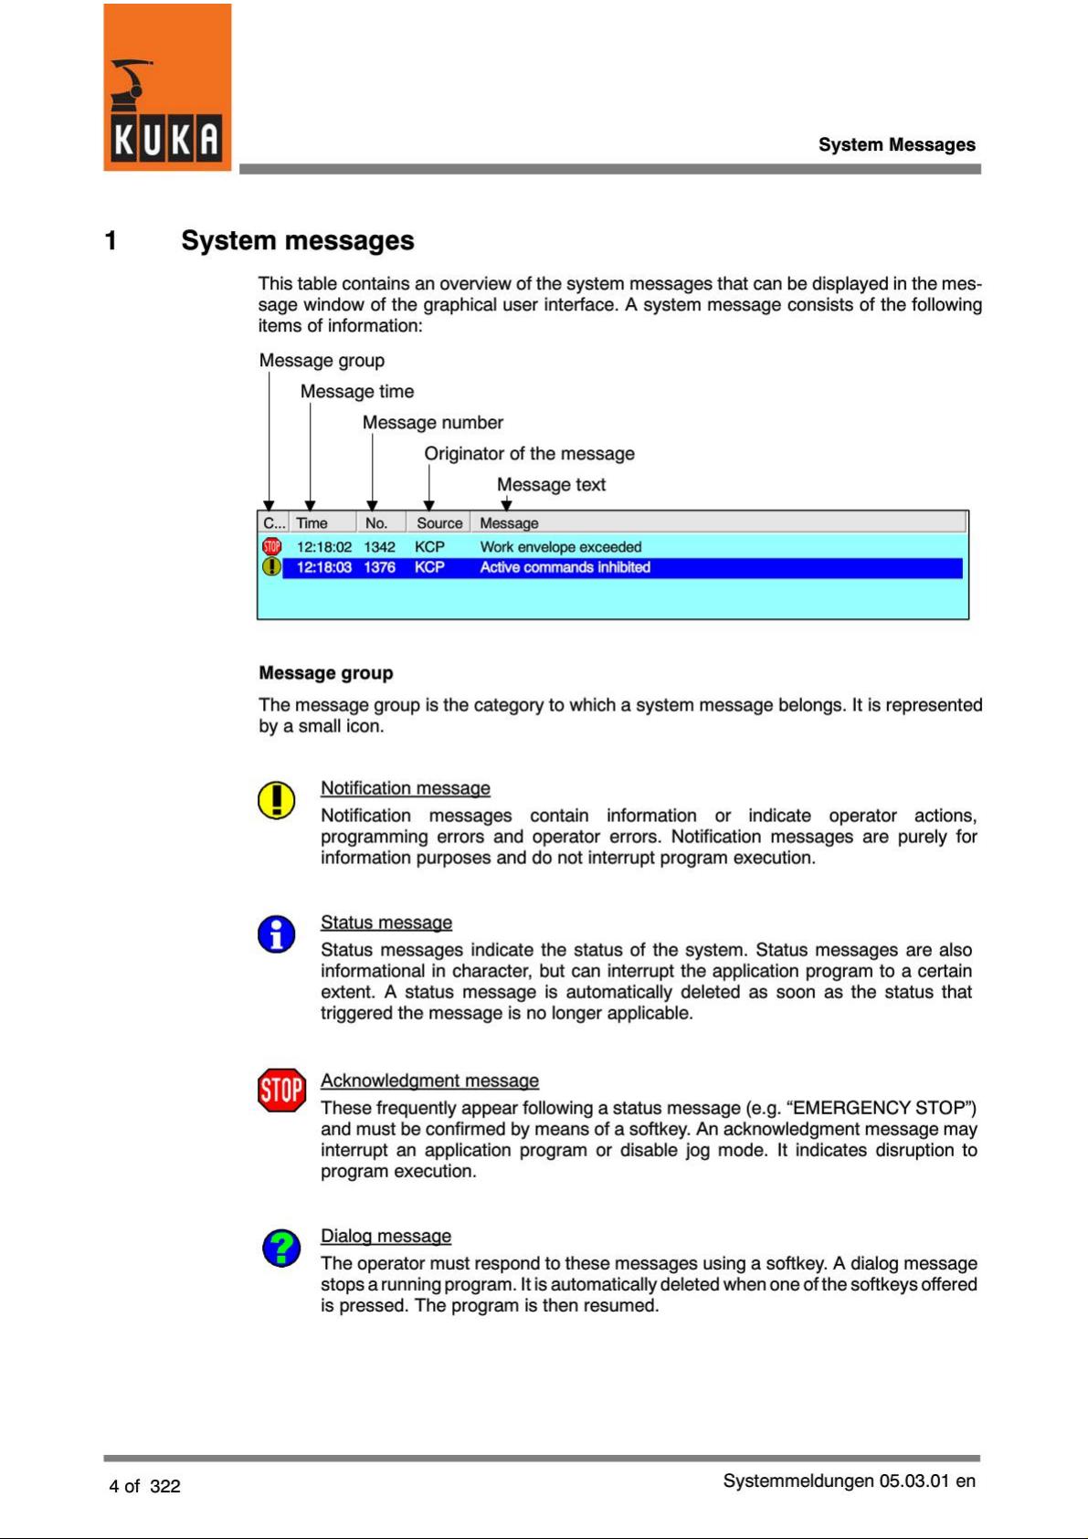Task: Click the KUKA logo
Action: coord(167,88)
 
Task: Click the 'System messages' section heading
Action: coord(297,240)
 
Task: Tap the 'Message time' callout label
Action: coord(357,392)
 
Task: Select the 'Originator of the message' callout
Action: coord(529,454)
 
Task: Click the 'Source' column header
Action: coord(439,523)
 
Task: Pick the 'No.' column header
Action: coord(376,523)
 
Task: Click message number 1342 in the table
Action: coord(379,547)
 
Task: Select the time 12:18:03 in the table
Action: coord(324,567)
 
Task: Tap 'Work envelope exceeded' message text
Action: coord(561,547)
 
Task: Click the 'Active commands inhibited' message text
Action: coord(565,567)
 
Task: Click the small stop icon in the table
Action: coord(271,547)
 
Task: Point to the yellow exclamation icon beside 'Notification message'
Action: coord(276,800)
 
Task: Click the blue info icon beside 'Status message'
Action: coord(276,934)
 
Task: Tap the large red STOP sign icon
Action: coord(281,1090)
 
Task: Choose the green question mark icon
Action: coord(281,1248)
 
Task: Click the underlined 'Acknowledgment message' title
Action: coord(429,1080)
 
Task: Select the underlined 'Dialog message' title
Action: coord(386,1236)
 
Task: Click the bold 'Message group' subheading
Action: coord(326,673)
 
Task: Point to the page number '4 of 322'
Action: coord(144,1486)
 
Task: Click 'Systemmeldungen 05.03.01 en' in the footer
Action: coord(849,1481)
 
